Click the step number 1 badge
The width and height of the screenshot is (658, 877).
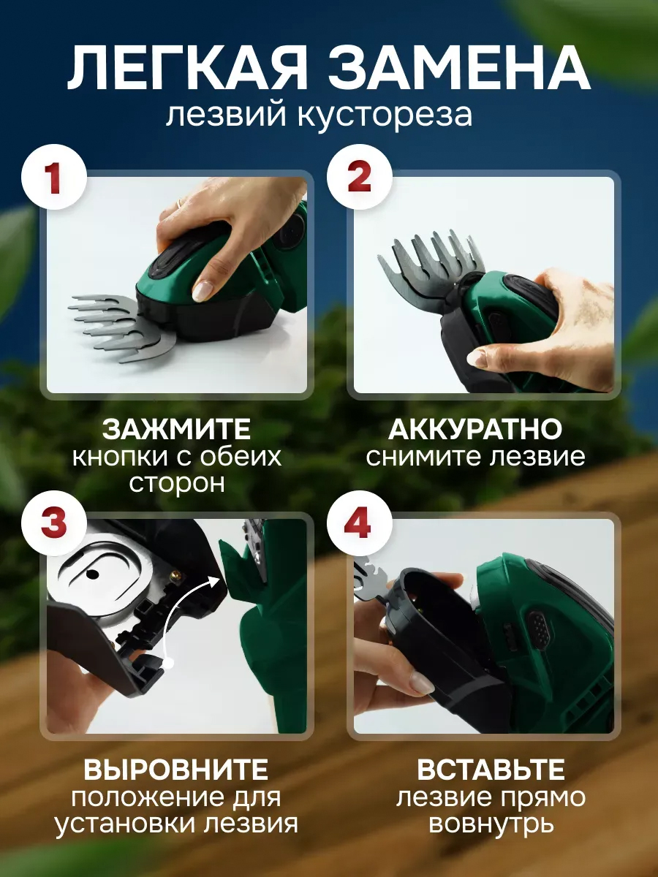(53, 177)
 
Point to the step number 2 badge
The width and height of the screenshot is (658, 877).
(359, 177)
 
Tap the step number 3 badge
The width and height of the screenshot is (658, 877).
(53, 523)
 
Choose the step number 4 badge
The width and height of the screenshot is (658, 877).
(359, 523)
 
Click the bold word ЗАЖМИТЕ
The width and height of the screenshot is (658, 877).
(176, 429)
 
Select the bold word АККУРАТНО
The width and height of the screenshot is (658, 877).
(475, 429)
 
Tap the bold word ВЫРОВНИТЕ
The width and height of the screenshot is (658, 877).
(175, 770)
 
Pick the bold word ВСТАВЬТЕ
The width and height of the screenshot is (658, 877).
(491, 770)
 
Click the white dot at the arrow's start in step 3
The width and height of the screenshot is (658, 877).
(169, 664)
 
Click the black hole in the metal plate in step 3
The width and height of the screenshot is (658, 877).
(93, 574)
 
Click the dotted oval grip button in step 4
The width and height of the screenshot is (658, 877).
(540, 634)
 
